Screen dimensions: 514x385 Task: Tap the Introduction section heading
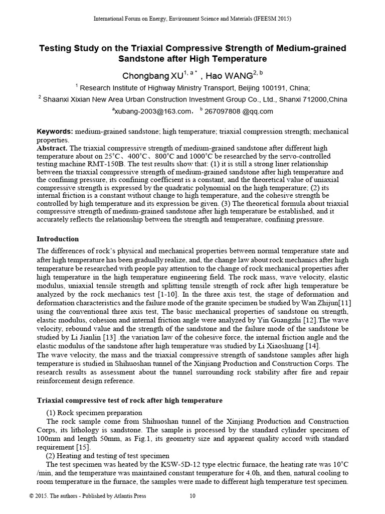[58, 239]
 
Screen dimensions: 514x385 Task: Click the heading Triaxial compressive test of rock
[130, 401]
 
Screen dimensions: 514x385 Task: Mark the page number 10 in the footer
[192, 496]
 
